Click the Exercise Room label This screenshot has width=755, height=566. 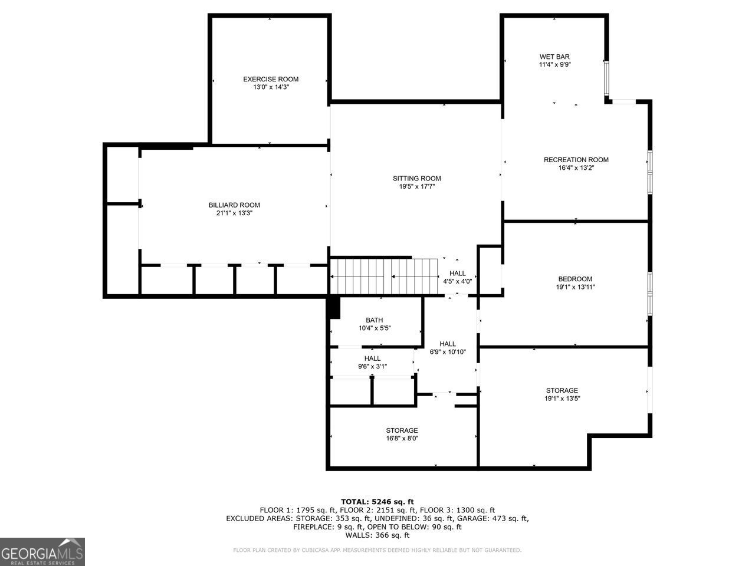point(271,79)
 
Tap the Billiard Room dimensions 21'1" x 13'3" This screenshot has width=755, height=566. point(234,213)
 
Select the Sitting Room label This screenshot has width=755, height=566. point(417,179)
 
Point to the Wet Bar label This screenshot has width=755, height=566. point(554,57)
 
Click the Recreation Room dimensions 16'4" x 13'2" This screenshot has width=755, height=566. point(576,167)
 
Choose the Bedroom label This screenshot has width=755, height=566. point(575,279)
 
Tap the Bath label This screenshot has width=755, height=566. point(374,320)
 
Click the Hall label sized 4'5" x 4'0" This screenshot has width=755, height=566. point(458,273)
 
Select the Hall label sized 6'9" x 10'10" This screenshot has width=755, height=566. point(448,344)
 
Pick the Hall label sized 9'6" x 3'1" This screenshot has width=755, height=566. point(372,358)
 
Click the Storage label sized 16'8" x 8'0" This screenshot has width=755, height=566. point(402,430)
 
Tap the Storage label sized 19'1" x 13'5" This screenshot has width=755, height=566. point(562,390)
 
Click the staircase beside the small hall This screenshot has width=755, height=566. point(384,277)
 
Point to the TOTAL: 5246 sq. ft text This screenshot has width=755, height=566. point(377,502)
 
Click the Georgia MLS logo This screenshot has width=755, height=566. point(42,552)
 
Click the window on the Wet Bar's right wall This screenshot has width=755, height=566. point(607,78)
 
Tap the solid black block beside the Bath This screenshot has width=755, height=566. point(334,308)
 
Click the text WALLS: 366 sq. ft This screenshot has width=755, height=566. point(377,535)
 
